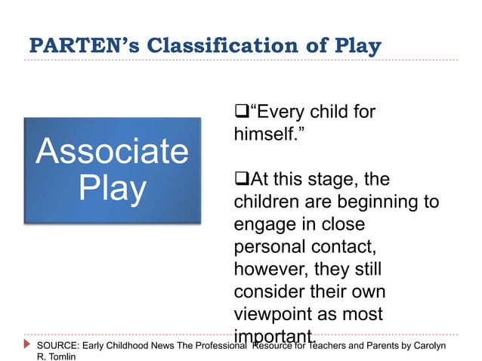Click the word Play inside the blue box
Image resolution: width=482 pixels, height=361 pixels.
(113, 189)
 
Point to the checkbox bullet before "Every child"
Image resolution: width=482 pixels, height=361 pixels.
(241, 114)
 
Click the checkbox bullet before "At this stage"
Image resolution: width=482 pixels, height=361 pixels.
(241, 180)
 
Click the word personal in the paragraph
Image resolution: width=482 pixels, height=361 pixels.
(273, 247)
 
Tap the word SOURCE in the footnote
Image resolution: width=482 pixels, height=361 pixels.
(57, 345)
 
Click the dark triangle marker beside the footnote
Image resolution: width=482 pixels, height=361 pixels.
(29, 345)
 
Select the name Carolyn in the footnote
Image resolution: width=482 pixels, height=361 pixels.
(428, 345)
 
